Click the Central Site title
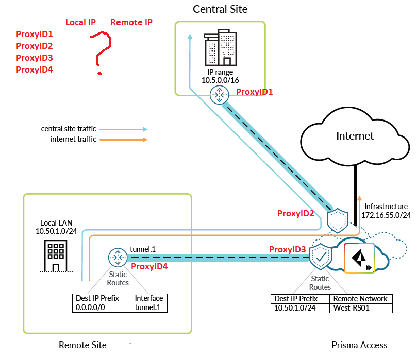(x=220, y=9)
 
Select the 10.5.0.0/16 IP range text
(x=220, y=80)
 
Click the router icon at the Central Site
(x=220, y=94)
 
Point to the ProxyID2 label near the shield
(x=296, y=213)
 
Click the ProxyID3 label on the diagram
(x=288, y=249)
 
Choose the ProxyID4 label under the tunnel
(x=149, y=266)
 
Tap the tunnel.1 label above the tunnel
(x=143, y=249)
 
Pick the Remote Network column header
(x=360, y=298)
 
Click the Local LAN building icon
(x=54, y=255)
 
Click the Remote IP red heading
(x=131, y=23)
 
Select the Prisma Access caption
(x=359, y=345)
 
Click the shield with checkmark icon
(x=321, y=255)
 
